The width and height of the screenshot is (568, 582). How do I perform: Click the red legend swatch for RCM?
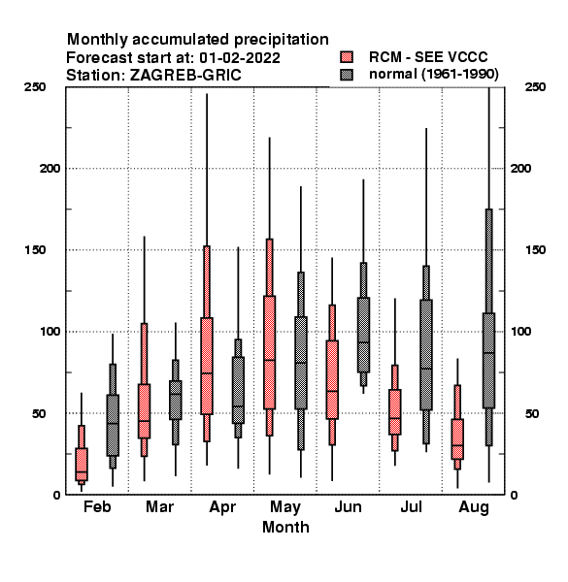347,57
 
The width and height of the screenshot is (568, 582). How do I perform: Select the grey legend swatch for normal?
347,75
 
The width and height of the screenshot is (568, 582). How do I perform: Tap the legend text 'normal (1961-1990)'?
433,74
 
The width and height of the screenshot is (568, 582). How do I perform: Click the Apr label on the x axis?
222,507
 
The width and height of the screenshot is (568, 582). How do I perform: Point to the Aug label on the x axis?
474,507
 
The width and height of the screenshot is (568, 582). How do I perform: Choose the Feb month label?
97,506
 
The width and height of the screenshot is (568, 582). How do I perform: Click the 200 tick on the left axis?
50,169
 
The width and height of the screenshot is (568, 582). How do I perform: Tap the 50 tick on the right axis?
532,413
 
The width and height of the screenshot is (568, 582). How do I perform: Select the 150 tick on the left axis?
35,250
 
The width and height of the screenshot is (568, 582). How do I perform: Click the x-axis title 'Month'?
285,527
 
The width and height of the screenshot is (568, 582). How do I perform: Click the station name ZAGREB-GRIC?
185,76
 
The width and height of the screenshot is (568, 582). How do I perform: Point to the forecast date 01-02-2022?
240,58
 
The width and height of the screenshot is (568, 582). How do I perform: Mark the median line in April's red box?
207,373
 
